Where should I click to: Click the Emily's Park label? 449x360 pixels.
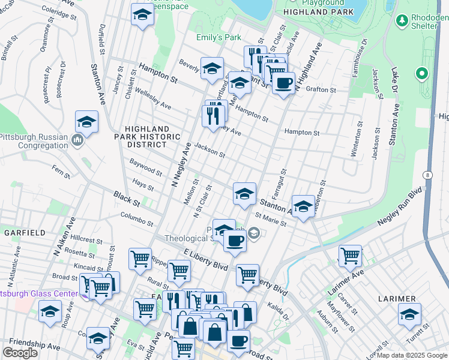click(218, 37)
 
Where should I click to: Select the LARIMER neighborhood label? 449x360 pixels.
click(397, 298)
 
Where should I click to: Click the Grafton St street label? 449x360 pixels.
click(321, 89)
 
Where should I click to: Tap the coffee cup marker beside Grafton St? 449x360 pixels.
click(284, 82)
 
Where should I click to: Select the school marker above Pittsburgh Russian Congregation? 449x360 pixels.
click(87, 123)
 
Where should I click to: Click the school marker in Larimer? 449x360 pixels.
click(409, 314)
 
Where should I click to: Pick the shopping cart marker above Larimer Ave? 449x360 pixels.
click(350, 256)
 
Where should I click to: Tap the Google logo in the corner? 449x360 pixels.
click(20, 353)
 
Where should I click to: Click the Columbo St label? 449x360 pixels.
click(137, 218)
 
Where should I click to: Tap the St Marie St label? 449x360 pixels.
click(270, 219)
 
